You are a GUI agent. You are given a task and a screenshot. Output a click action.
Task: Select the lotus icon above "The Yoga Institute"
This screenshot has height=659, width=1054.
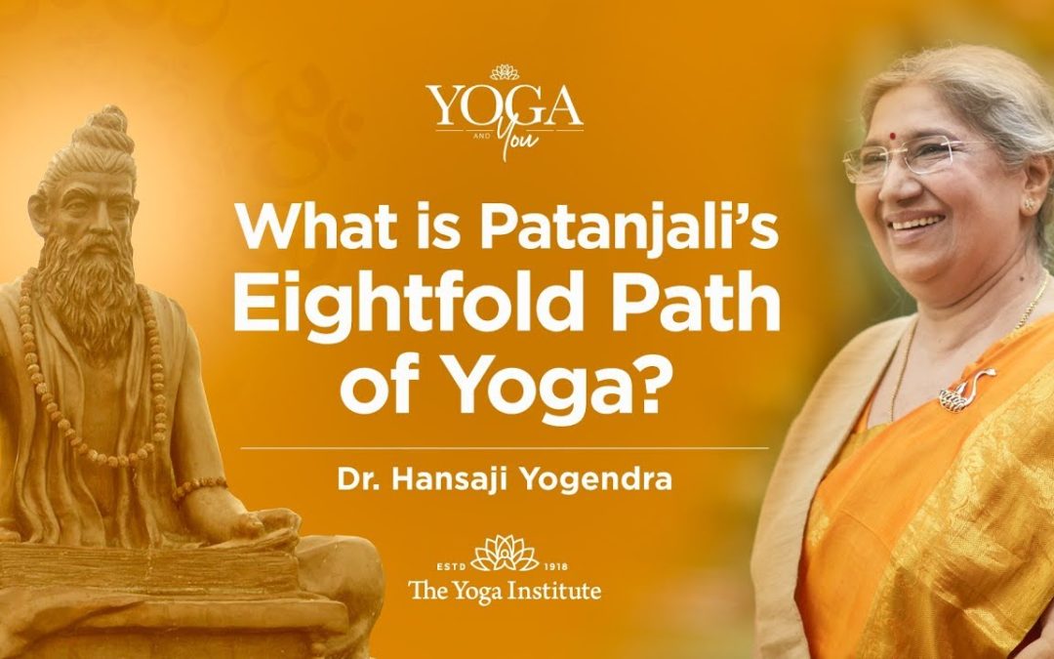[x=505, y=554]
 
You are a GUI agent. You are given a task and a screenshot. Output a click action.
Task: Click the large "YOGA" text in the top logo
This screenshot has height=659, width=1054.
[x=505, y=106]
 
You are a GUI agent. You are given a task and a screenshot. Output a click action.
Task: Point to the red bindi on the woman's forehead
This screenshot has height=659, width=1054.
[x=893, y=135]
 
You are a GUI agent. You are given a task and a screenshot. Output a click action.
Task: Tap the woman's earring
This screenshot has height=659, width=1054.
[x=1027, y=202]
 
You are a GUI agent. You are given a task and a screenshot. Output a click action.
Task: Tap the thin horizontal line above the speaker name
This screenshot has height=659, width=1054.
[x=505, y=448]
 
